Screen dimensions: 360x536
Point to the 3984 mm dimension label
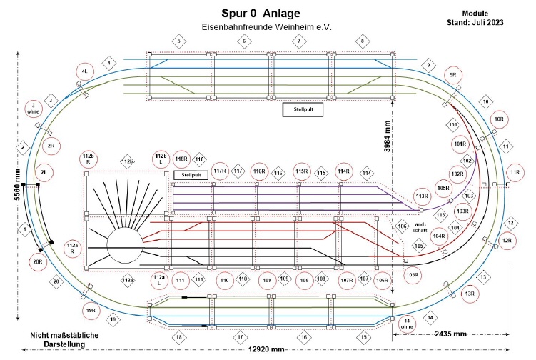coord(387,144)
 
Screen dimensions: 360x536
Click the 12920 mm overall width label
coord(266,349)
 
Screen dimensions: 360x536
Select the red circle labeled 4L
coord(85,71)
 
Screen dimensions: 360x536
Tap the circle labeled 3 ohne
coord(34,109)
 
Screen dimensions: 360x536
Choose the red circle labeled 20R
coord(37,261)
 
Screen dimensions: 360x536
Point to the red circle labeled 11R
coord(514,174)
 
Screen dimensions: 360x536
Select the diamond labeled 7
coord(299,41)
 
